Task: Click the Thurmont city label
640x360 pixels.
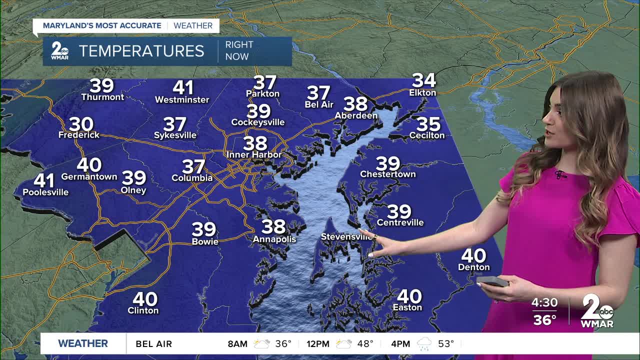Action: point(102,97)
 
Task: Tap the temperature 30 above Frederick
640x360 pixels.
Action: point(81,124)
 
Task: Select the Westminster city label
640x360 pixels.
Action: point(182,99)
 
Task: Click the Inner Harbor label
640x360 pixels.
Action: point(254,154)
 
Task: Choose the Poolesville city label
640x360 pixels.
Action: point(45,192)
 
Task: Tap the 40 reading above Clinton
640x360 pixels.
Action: point(145,299)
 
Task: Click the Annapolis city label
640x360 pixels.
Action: point(274,239)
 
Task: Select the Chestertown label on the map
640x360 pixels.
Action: point(388,174)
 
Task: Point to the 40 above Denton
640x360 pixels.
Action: point(473,255)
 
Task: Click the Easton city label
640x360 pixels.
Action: point(407,307)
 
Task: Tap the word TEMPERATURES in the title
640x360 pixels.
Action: point(141,51)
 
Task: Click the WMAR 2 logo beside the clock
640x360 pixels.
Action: point(597,311)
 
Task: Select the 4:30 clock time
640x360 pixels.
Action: point(544,303)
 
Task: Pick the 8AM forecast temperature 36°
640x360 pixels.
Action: point(283,343)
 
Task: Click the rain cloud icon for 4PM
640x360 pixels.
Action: point(424,343)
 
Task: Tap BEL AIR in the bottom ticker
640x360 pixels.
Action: point(153,343)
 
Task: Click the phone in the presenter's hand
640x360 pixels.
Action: point(494,281)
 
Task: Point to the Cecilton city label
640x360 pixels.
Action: point(427,135)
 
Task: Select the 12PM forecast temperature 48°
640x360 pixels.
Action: point(365,343)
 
